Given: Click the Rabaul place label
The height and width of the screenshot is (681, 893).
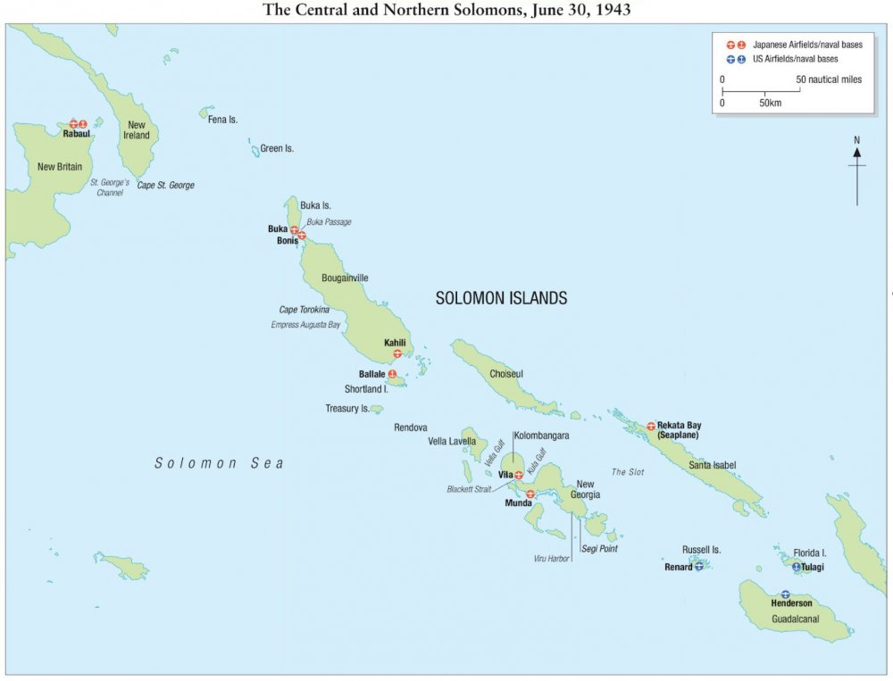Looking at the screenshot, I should click(78, 134).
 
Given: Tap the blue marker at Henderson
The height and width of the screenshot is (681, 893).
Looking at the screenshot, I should click(785, 594).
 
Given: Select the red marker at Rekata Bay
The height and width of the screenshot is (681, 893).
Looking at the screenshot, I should click(651, 426).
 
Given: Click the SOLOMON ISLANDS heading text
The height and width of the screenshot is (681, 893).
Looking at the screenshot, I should click(501, 299).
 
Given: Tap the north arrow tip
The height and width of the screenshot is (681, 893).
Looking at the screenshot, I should click(856, 153).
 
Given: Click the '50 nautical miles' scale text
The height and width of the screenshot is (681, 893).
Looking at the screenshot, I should click(830, 79).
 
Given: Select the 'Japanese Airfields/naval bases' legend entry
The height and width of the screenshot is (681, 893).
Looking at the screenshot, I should click(795, 44).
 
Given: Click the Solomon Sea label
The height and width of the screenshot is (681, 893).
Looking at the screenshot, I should click(219, 462).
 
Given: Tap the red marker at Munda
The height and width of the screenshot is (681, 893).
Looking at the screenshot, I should click(530, 494).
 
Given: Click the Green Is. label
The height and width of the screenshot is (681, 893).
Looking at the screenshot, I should click(277, 148).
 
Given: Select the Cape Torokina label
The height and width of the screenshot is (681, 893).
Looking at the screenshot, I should click(305, 310).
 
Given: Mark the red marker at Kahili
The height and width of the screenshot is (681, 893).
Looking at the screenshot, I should click(397, 353).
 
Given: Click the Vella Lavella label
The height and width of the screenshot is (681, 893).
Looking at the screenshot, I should click(452, 441).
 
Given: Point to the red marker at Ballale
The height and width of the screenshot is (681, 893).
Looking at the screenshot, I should click(392, 373).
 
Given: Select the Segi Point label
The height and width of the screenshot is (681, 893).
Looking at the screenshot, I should click(599, 548).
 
